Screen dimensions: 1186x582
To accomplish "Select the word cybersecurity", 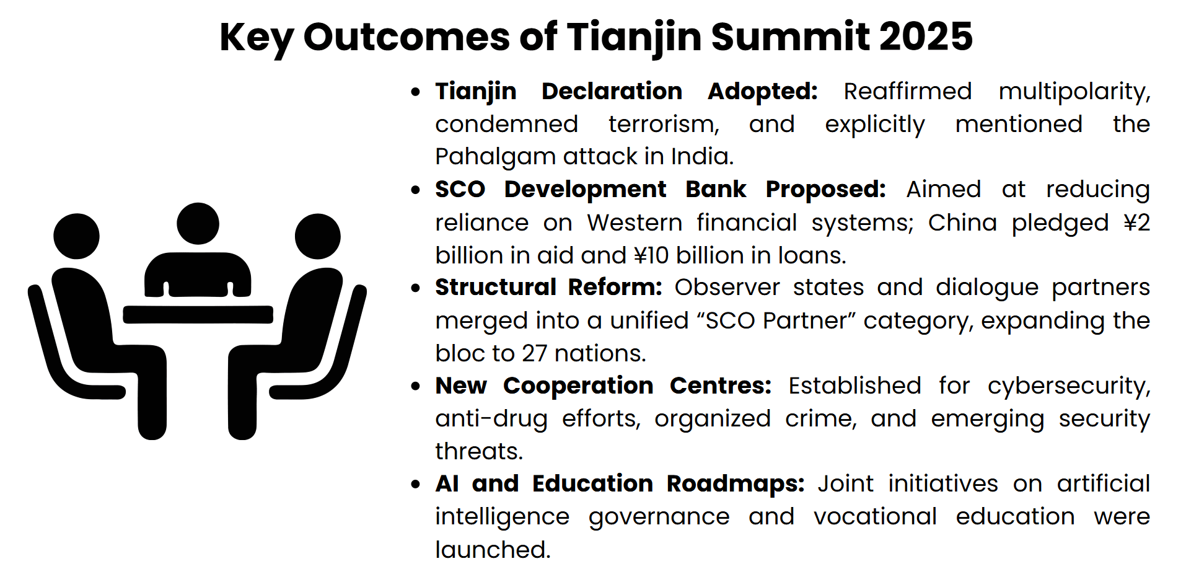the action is point(1069,386).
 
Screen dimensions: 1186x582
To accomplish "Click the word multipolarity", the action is point(1074,92).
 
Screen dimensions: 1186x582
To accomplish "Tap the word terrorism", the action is point(664,124).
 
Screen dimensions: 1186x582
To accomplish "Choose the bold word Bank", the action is point(716,189).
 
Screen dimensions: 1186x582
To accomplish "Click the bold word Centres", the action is point(721,386).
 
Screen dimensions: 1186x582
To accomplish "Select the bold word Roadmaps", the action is point(736,484).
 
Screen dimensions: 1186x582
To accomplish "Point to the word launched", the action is point(493,550).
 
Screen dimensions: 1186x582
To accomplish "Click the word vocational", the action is point(875,517).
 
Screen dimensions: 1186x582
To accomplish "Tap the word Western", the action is point(635,223).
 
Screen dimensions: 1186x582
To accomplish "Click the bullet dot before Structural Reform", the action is point(416,288).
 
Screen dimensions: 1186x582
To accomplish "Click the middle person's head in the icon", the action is point(198,223).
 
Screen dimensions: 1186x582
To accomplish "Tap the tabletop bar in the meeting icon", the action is point(198,314).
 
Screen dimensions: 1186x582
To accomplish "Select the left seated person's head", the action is point(76,236).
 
